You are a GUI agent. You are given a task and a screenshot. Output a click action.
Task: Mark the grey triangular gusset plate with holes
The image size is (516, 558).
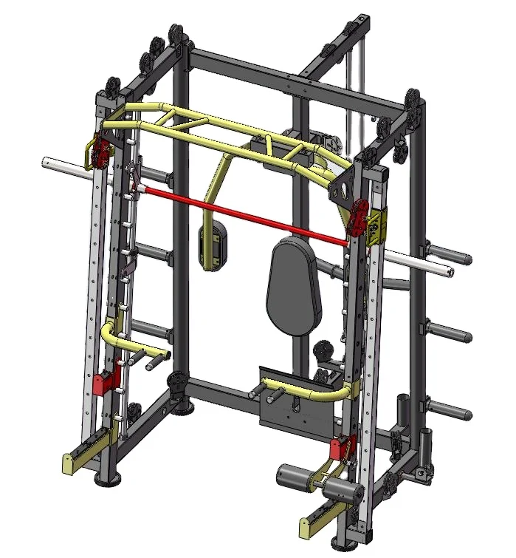(x=342, y=189)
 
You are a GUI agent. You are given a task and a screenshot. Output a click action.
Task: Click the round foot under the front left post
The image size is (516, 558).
(x=109, y=480)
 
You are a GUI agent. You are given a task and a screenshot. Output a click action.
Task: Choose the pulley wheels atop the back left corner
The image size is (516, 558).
(x=175, y=37)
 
